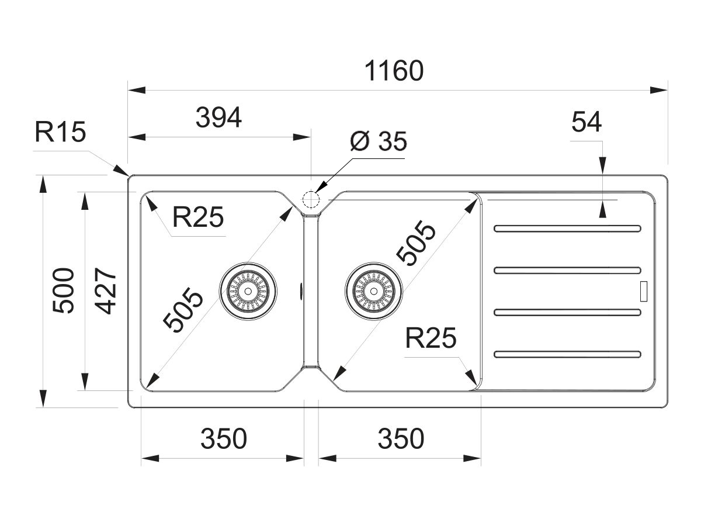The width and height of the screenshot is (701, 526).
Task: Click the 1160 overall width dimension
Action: point(393,71)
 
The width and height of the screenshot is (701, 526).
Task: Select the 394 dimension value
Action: point(218,118)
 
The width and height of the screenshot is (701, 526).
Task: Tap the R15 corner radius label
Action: point(60,133)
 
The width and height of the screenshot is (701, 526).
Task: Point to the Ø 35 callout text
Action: point(378,141)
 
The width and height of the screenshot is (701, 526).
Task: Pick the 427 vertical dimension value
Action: point(104,290)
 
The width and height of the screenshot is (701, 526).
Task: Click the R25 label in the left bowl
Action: point(198,219)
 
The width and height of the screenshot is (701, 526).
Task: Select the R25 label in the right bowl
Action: point(431,338)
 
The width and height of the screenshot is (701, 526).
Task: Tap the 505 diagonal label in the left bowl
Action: point(183,311)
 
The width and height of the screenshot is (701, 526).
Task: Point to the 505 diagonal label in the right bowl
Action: point(416,244)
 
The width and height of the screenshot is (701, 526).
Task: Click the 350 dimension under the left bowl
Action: point(224,438)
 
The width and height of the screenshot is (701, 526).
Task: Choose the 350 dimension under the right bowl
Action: point(400,438)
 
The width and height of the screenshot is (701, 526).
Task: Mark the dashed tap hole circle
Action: point(311,200)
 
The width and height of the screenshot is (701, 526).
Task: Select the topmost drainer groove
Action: point(567,228)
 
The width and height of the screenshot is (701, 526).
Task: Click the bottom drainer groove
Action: point(567,354)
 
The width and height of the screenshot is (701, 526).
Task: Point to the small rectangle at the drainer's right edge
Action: point(644,291)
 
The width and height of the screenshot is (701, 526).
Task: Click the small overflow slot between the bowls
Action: point(301,289)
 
